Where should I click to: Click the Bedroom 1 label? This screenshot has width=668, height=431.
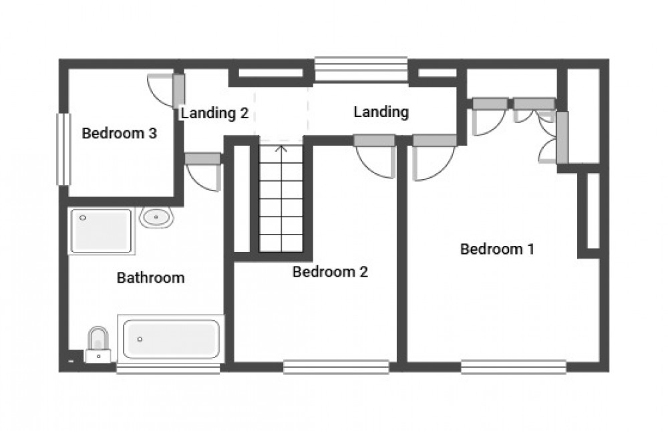point(497,249)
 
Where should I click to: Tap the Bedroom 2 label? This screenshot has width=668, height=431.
point(330,272)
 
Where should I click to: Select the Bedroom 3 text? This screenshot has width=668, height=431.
point(119,134)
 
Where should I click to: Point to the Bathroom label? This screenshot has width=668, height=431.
point(150,277)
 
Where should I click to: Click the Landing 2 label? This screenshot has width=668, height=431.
point(214,113)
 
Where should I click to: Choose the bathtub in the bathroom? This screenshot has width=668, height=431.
point(172,339)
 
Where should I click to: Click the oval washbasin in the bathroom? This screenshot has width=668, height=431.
point(157,217)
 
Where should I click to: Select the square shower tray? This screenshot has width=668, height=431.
point(101,231)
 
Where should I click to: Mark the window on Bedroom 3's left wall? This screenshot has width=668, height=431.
point(63,148)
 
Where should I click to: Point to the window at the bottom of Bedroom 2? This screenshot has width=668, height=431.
point(336,366)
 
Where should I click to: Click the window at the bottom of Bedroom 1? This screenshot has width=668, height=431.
point(513,366)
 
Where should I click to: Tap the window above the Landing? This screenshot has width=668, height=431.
point(361,69)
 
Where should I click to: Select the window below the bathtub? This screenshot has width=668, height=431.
point(168,368)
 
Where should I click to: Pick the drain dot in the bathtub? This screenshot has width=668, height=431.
point(140,339)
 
